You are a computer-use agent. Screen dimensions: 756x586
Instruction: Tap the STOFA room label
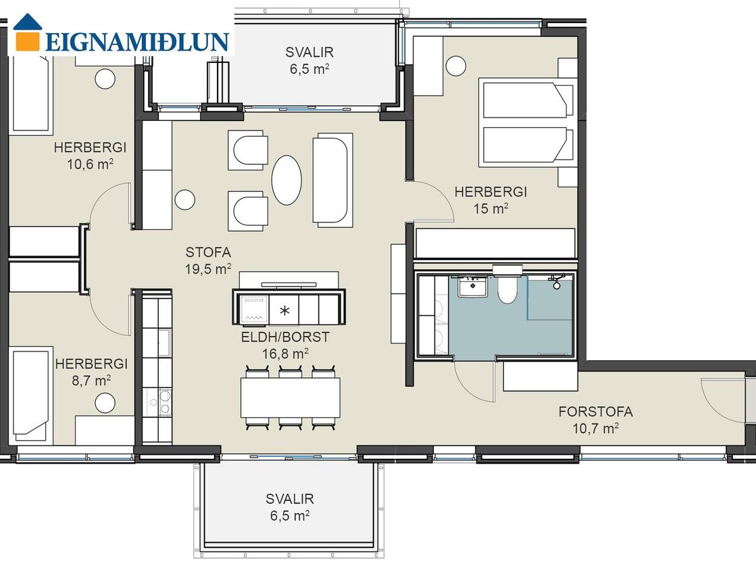[x=208, y=252]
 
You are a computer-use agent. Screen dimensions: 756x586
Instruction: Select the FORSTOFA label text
[x=595, y=412]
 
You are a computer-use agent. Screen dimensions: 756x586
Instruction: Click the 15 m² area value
[x=490, y=209]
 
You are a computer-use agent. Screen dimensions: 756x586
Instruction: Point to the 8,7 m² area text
[x=92, y=381]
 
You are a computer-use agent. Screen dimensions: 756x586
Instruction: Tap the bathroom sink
[x=472, y=287]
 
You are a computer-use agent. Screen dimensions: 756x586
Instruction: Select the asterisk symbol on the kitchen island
[x=284, y=311]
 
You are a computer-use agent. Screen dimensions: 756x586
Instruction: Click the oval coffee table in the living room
[x=286, y=180]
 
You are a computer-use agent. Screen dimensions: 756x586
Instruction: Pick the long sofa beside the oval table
[x=332, y=180]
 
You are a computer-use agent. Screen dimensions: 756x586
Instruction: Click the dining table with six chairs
[x=291, y=397]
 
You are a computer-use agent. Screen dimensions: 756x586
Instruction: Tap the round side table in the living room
[x=184, y=199]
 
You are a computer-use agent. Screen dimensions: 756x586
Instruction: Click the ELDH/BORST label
[x=285, y=337]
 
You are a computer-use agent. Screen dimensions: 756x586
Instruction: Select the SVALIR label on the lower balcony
[x=290, y=499]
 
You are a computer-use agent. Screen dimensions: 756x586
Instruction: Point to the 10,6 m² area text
[x=90, y=164]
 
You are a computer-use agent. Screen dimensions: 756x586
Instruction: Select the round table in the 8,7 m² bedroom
[x=105, y=403]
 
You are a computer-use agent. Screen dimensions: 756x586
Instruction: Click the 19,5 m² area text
[x=208, y=269]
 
